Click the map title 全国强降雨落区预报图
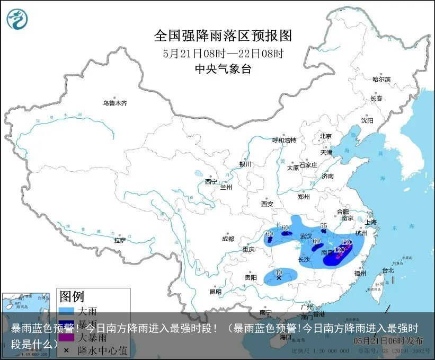coord(223,36)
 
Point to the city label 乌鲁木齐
coord(115,103)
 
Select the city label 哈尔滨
coord(381,80)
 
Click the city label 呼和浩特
coord(284,140)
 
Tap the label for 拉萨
coord(120,240)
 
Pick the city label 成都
coord(228,239)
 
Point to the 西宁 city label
coord(211,181)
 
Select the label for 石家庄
coord(308,165)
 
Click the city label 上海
coord(370,222)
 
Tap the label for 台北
coord(387,270)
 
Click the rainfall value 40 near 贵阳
coord(279,272)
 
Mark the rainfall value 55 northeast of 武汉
coord(324,225)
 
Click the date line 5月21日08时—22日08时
coord(223,53)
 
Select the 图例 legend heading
coord(72,296)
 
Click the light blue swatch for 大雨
coord(66,310)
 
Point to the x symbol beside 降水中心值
coord(66,350)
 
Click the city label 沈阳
coord(367,120)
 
